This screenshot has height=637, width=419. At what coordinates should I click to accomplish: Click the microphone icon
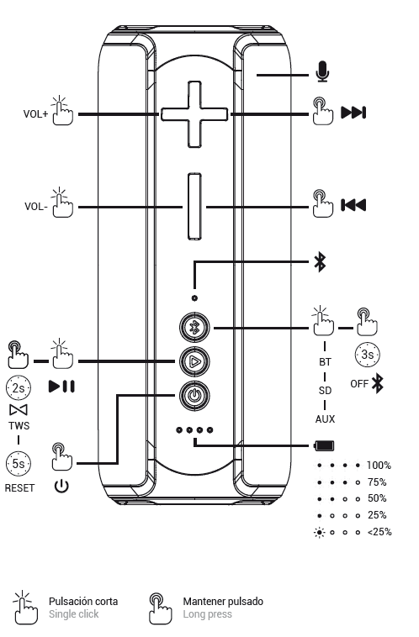coord(322,71)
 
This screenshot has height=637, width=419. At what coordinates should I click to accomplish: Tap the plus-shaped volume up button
coord(194,114)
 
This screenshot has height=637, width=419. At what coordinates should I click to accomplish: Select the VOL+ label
coord(36,114)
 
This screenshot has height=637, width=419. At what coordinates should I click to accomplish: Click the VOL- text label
coord(36,207)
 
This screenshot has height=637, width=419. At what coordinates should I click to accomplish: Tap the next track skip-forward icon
coord(353,113)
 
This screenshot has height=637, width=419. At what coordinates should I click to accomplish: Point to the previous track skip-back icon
coord(353,205)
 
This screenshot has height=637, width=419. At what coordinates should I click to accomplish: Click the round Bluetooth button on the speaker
coord(195,327)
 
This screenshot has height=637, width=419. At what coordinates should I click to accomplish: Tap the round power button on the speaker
coord(195,395)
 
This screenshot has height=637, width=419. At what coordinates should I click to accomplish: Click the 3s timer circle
coord(368,355)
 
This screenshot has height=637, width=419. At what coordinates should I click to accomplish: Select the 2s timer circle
coord(19,388)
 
